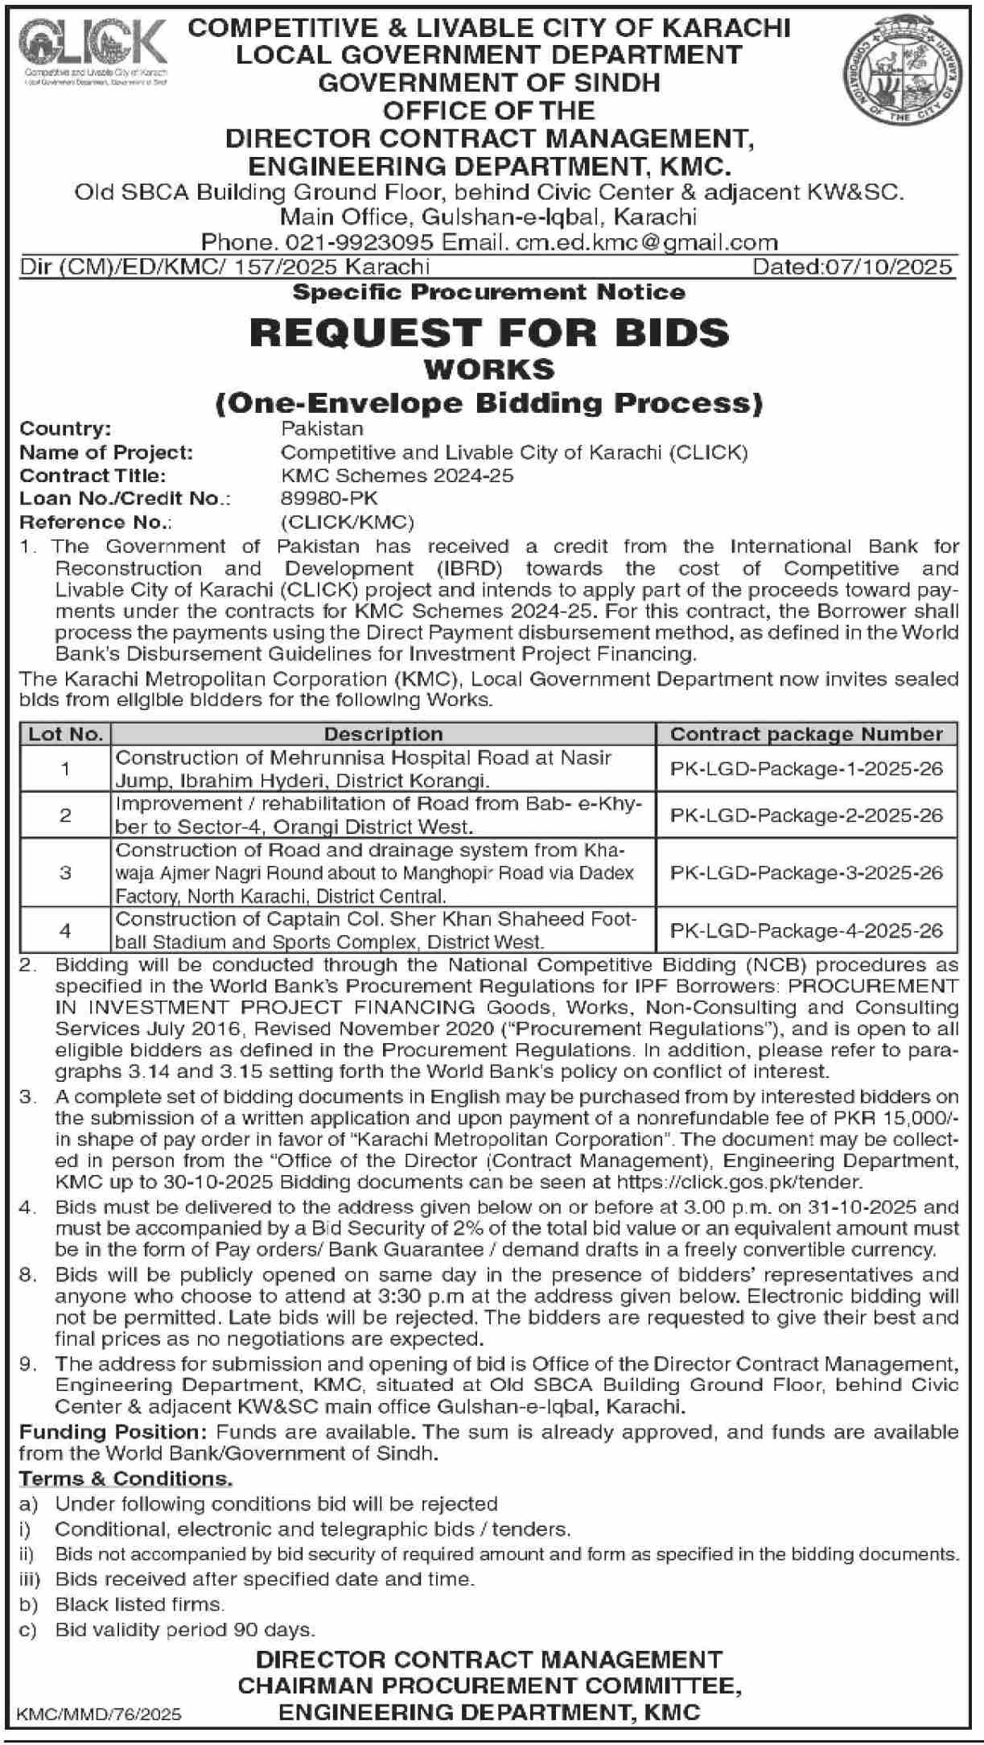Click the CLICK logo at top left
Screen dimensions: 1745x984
pos(96,51)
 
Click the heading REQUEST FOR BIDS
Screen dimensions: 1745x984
pos(489,332)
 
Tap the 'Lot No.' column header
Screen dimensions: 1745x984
pos(66,734)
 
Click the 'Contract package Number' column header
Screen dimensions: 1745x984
pos(806,734)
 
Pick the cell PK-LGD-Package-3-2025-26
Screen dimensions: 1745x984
pos(806,872)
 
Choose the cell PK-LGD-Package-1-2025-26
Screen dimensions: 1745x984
pos(806,769)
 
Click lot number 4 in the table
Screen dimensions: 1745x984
pos(66,930)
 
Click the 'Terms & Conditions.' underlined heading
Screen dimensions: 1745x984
pos(126,1479)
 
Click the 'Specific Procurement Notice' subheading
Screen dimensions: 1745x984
pos(489,291)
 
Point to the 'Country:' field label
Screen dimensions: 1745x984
pos(65,429)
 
